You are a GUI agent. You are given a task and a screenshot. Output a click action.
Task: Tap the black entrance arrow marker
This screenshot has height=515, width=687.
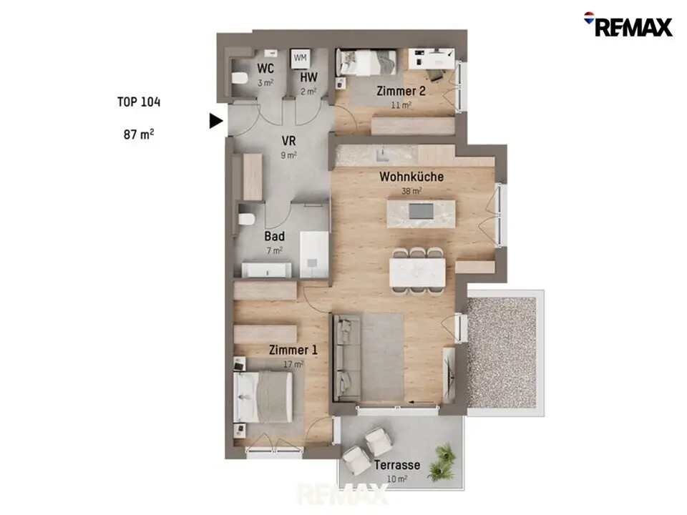pos(215,121)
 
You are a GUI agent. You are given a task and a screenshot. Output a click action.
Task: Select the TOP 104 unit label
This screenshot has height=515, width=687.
pos(139,102)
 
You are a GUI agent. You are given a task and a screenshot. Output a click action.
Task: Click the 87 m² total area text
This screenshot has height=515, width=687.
pos(138,134)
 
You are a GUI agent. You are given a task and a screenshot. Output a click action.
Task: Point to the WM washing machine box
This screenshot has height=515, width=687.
pos(300,58)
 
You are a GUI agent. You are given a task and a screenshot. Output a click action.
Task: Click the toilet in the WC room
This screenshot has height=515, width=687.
pos(240,79)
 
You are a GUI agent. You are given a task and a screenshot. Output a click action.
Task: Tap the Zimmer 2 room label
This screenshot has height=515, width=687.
pos(401,91)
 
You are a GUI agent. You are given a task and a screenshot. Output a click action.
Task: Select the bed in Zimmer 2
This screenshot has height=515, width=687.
pos(366,62)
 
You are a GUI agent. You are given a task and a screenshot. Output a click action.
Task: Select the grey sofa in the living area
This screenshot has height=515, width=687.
pos(347,358)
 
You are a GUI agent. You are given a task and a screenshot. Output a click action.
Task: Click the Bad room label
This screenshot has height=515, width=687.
pos(275,237)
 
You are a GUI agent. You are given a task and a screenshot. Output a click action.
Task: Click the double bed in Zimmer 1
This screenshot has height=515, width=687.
pos(263,397)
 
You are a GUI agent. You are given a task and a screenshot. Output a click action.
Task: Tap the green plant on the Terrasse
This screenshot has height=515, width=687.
pos(442,462)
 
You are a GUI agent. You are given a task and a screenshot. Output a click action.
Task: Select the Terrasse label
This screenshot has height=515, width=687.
pos(397,465)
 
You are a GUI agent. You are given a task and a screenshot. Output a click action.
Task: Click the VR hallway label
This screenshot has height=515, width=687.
pos(288,141)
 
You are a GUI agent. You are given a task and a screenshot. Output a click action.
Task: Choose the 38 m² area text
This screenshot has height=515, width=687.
pos(411,191)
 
